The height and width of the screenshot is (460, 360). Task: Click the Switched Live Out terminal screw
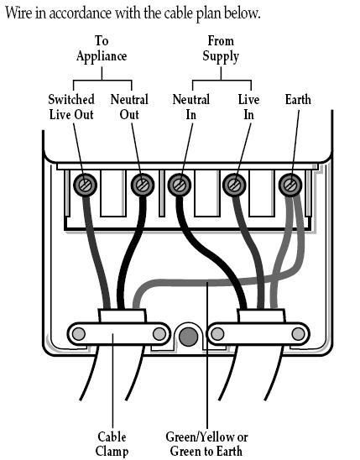85,186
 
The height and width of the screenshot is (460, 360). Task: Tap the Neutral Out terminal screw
143,186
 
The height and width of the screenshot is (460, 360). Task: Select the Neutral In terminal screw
180,186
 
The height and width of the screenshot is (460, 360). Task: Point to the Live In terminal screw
234,186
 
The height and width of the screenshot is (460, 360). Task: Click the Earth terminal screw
290,186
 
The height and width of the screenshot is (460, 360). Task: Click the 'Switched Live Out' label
71,107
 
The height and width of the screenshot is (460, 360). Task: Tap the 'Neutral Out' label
129,107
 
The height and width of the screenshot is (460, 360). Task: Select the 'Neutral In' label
191,107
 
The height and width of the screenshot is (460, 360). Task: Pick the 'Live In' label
249,107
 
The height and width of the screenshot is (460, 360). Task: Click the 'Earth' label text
298,100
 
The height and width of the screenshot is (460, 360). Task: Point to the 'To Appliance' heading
102,49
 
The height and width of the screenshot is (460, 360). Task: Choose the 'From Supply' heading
221,49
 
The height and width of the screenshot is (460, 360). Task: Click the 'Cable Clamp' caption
112,444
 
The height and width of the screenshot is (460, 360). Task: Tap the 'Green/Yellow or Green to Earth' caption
206,443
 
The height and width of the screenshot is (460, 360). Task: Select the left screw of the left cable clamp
79,334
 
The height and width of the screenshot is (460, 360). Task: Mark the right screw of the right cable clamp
298,334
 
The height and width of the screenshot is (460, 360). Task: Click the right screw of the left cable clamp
159,334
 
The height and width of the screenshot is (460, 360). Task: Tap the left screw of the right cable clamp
217,334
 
